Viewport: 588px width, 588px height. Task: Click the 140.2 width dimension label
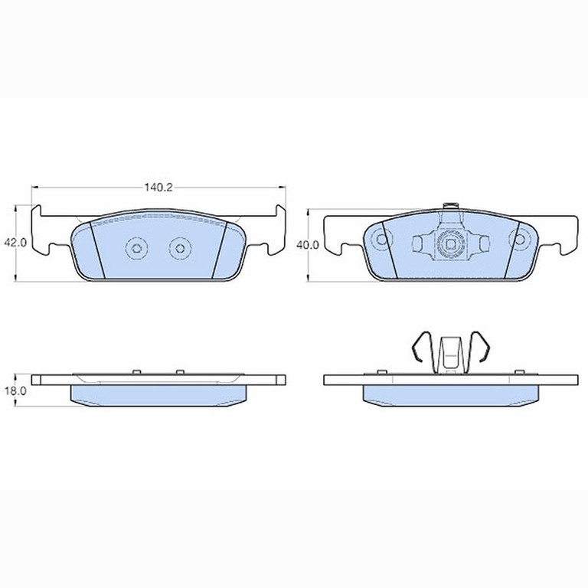(x=158, y=187)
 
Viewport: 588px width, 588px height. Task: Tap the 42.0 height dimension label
(x=15, y=243)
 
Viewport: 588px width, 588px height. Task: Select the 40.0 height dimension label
(x=308, y=245)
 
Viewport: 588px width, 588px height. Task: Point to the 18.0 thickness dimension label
(x=15, y=390)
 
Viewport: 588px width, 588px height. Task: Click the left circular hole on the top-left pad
(x=136, y=248)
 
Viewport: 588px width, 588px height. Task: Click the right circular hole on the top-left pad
(x=181, y=248)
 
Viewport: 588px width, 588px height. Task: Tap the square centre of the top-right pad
(x=450, y=244)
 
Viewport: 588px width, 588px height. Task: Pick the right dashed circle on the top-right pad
(x=519, y=239)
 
